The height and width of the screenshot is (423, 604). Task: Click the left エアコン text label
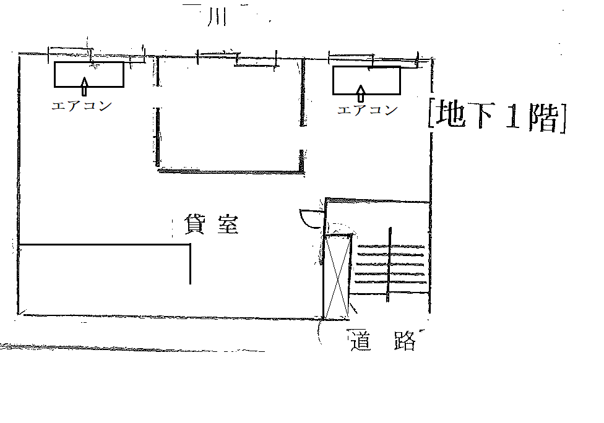[x=82, y=106]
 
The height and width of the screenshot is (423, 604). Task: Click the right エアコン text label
[x=367, y=110]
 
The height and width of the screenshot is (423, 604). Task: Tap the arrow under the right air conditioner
[x=361, y=94]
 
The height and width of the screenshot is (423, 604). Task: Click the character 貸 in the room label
[x=194, y=224]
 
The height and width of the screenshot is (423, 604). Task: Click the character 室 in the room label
[x=227, y=224]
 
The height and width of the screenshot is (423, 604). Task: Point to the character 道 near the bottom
[x=362, y=341]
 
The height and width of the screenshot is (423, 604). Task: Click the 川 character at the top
[x=215, y=17]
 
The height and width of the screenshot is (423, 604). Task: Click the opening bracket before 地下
[x=431, y=115]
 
